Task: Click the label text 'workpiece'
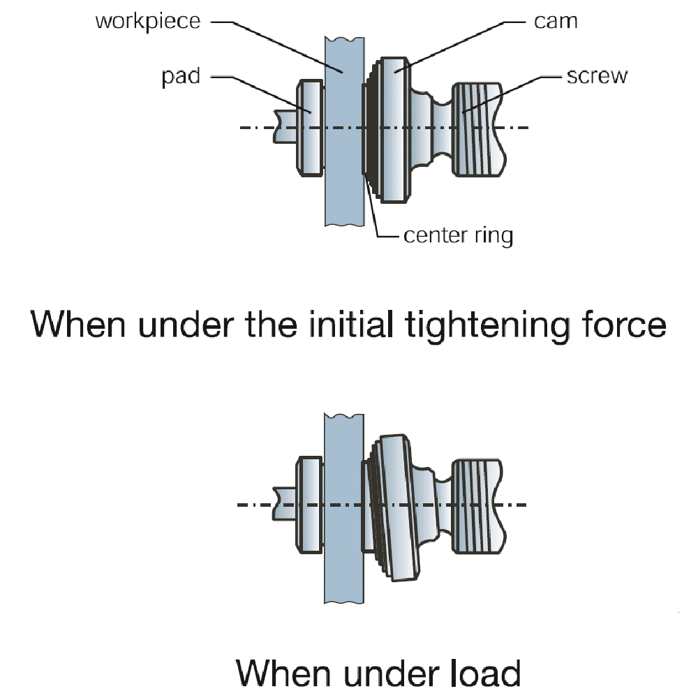147,21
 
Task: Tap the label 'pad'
181,75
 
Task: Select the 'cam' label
556,21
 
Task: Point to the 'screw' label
597,75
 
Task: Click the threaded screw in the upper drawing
478,128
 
